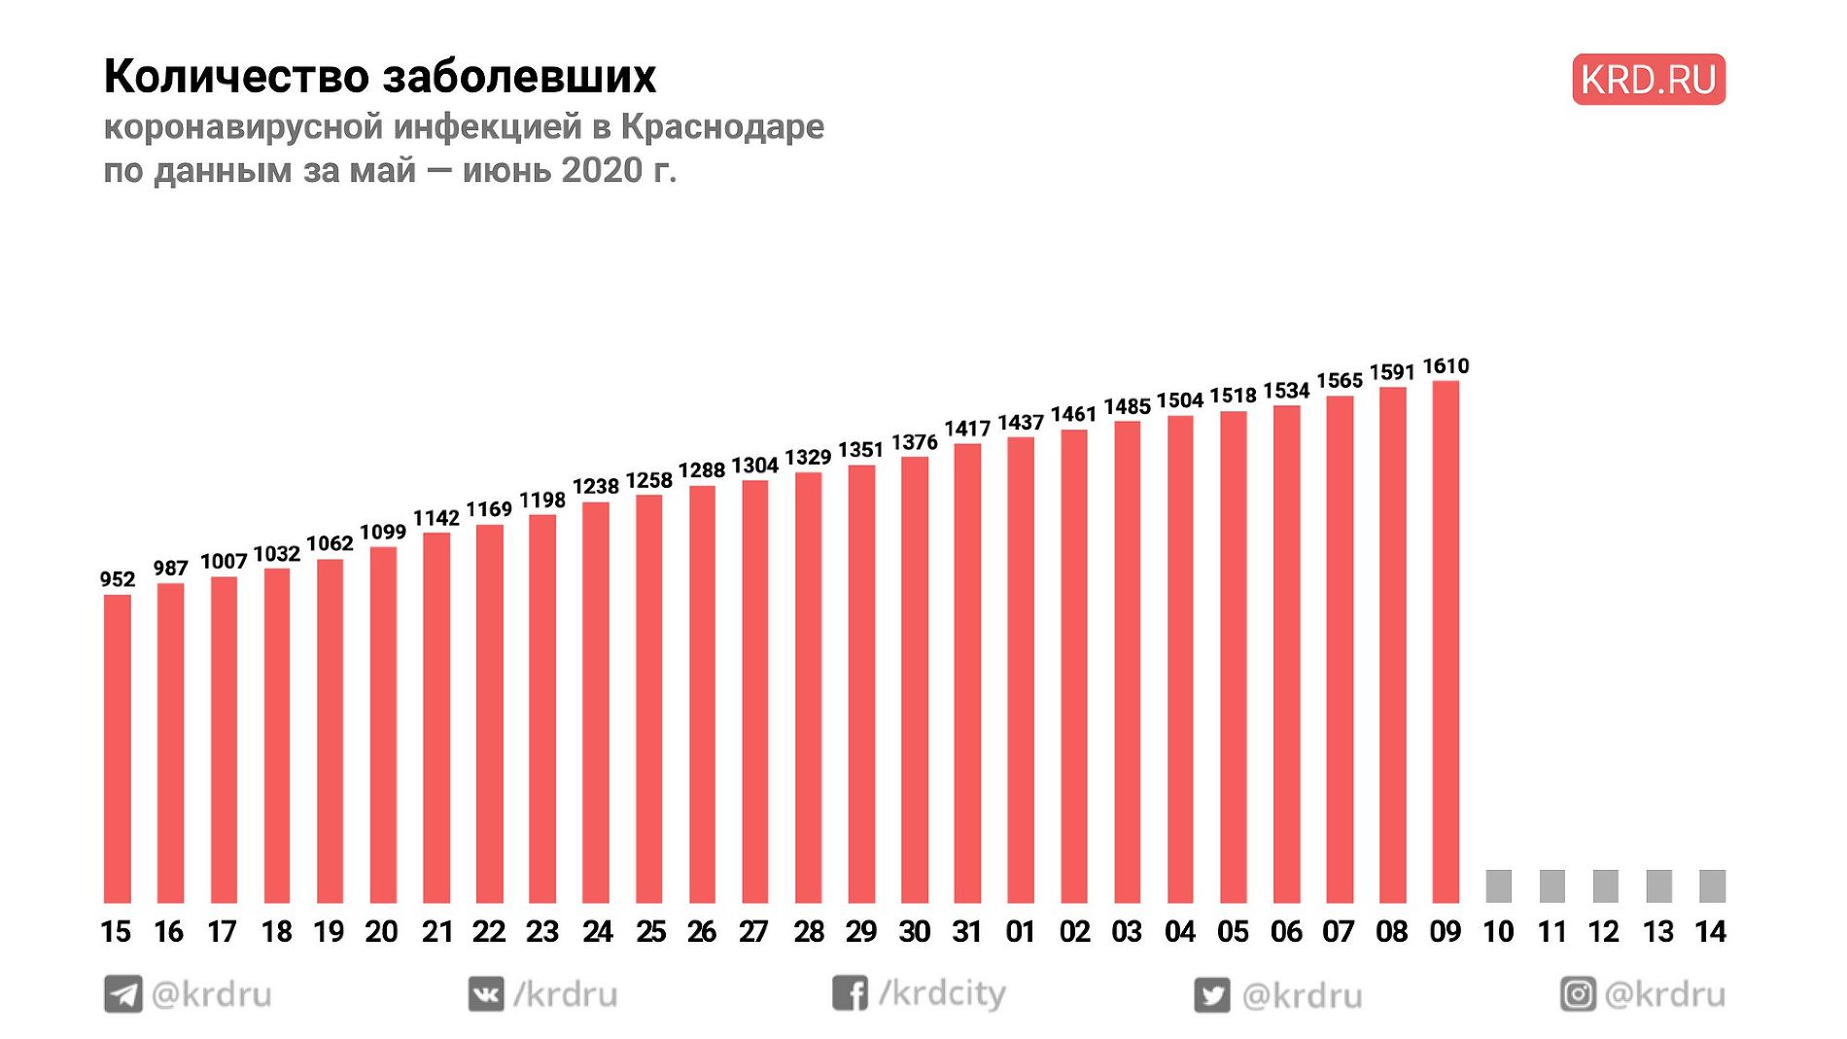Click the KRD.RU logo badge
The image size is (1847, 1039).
[1648, 80]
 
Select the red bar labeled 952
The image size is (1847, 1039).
[118, 748]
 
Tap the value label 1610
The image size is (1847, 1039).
[1446, 366]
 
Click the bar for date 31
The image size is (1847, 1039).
[967, 673]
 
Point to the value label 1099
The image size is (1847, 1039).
[383, 532]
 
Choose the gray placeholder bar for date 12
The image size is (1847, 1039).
[1605, 885]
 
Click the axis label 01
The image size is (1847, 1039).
[1020, 932]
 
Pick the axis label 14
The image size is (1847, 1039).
[1710, 932]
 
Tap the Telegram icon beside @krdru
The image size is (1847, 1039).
[123, 994]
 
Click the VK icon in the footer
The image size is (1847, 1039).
[486, 994]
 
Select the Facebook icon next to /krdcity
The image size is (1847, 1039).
[850, 993]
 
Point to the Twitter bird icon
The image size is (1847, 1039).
[1211, 995]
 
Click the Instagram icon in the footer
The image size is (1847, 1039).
[1578, 994]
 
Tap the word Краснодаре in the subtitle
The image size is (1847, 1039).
[722, 126]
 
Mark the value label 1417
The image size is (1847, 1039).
[967, 429]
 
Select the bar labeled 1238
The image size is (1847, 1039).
[596, 702]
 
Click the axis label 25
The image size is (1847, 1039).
[650, 932]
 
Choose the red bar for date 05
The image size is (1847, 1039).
[1233, 657]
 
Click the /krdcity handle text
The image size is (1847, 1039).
[943, 993]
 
